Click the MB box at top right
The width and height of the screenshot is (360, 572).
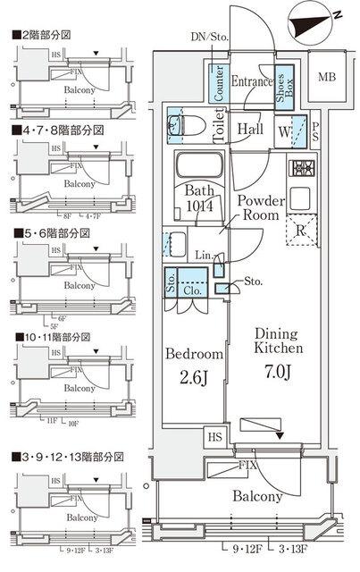329,77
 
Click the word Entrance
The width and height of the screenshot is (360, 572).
252,81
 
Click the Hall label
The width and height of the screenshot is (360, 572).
250,129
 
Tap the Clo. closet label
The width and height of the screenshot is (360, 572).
191,289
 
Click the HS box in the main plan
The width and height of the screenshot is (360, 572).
215,438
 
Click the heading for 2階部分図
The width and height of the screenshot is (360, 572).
43,36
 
